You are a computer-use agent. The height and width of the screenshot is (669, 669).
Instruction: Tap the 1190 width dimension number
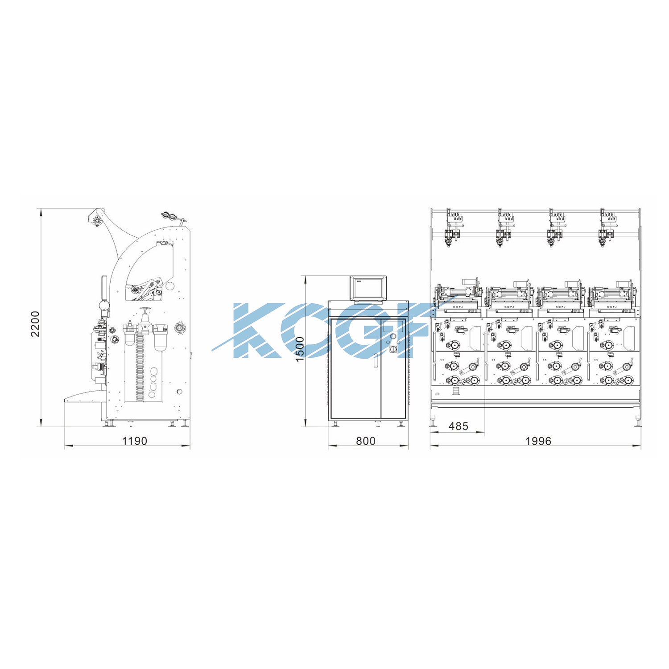pyautogui.click(x=135, y=441)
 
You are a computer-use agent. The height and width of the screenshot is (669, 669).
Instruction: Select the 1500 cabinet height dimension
pyautogui.click(x=300, y=349)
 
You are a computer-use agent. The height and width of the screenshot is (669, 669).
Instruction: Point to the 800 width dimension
pyautogui.click(x=366, y=441)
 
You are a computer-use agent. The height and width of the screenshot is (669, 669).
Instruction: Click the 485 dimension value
pyautogui.click(x=458, y=426)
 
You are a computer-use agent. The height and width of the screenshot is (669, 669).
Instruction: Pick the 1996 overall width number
pyautogui.click(x=538, y=441)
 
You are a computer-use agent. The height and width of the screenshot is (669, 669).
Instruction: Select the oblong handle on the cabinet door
pyautogui.click(x=376, y=361)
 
